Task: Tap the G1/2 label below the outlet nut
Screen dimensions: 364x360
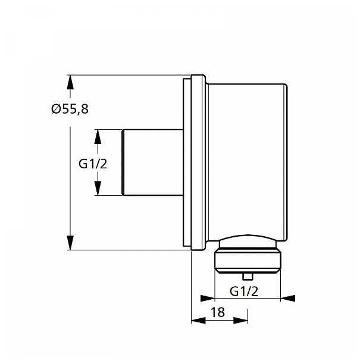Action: [244, 291]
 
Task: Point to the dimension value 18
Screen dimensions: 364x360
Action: [219, 312]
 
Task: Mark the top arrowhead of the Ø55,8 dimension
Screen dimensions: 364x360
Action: [70, 83]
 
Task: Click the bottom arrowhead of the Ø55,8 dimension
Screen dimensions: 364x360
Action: [70, 243]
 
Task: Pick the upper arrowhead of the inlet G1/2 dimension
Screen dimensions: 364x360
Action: [99, 136]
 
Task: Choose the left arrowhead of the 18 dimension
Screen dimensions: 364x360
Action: [198, 320]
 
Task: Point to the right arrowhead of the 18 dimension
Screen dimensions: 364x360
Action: [240, 320]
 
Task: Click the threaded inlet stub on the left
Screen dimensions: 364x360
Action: [152, 162]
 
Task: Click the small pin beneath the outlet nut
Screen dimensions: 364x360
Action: [248, 277]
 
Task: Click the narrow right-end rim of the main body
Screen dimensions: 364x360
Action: [286, 162]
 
